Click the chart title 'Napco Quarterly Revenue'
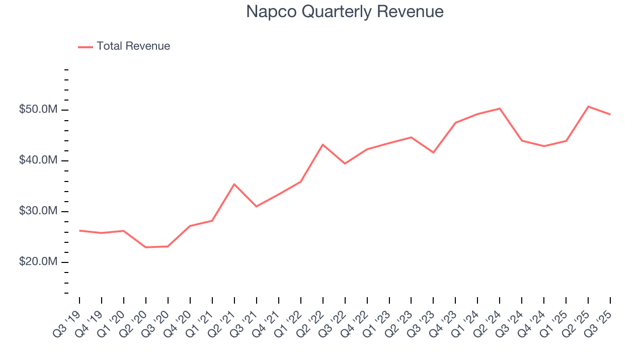click(x=345, y=12)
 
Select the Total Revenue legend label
click(x=133, y=46)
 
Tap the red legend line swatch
click(x=86, y=47)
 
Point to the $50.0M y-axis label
click(x=39, y=110)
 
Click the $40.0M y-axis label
click(x=39, y=160)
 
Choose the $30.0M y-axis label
click(x=39, y=211)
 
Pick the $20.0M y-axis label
click(x=39, y=262)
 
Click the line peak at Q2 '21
click(x=234, y=184)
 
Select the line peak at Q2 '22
click(x=323, y=144)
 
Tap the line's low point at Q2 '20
click(x=145, y=247)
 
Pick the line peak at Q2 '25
click(x=588, y=107)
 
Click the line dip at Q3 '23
click(x=433, y=152)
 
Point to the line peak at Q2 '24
click(x=500, y=109)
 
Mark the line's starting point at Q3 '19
click(x=79, y=230)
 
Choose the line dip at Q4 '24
click(x=544, y=146)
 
